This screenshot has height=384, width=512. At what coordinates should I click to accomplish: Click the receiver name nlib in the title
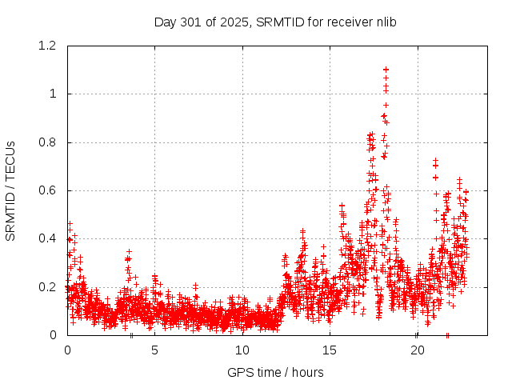pos(384,22)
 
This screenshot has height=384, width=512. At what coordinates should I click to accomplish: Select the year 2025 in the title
pos(235,22)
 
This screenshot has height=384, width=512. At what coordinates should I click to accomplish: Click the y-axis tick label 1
pos(54,94)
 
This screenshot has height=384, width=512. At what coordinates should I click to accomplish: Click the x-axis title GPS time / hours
pos(275,372)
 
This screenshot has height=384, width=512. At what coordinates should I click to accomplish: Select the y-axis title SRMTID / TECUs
pos(10,190)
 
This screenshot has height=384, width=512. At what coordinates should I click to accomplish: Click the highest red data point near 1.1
pos(386,70)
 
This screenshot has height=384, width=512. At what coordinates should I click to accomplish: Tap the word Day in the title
pos(165,22)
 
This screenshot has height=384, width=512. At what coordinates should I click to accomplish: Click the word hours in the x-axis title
pos(308,372)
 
